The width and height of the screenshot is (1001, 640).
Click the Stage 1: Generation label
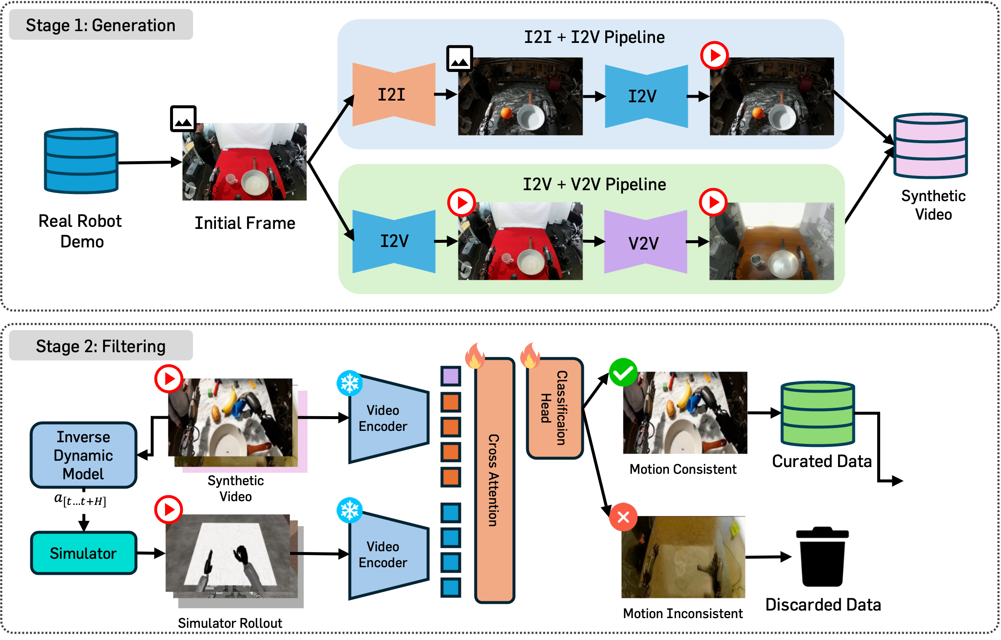click(101, 25)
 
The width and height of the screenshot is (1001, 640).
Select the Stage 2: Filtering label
click(101, 346)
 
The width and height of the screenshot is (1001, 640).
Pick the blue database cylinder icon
click(81, 161)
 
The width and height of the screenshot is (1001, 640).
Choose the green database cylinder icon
click(817, 413)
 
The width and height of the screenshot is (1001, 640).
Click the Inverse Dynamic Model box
click(83, 455)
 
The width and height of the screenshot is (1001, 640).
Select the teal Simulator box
click(83, 553)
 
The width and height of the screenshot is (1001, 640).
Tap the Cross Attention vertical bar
click(494, 480)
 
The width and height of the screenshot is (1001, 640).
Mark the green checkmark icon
click(623, 372)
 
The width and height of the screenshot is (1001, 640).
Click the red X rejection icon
click(623, 517)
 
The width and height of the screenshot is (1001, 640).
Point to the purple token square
click(451, 376)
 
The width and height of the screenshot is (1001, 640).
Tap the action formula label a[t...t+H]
click(82, 502)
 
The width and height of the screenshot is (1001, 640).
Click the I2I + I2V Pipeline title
click(594, 37)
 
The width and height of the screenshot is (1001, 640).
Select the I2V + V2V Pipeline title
click(594, 184)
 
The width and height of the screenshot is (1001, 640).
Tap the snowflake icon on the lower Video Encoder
click(349, 510)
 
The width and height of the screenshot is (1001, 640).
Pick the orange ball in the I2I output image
click(506, 113)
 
